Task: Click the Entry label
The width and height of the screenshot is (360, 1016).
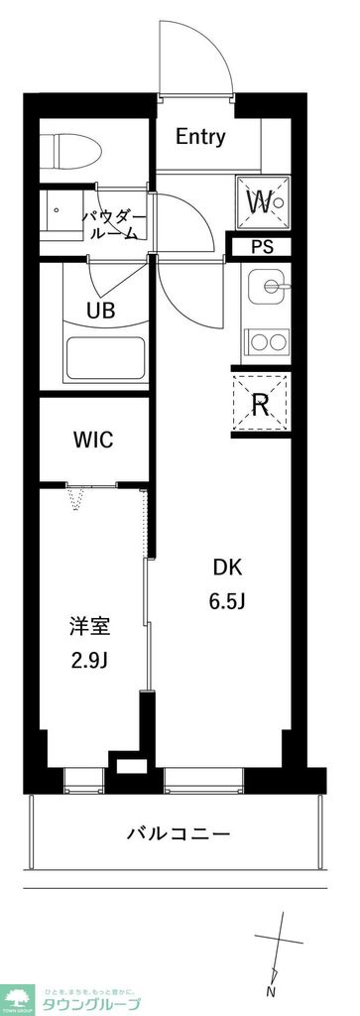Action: pos(200,137)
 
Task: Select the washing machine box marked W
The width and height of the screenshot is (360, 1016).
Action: pos(262,201)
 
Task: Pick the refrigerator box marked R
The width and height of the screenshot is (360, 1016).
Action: pos(262,403)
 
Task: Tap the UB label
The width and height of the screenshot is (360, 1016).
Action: pos(100,310)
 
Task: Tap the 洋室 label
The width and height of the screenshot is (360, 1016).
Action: pos(89,626)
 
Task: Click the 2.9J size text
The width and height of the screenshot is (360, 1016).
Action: pos(89,659)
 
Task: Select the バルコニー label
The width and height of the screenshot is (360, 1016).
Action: pos(179,833)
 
